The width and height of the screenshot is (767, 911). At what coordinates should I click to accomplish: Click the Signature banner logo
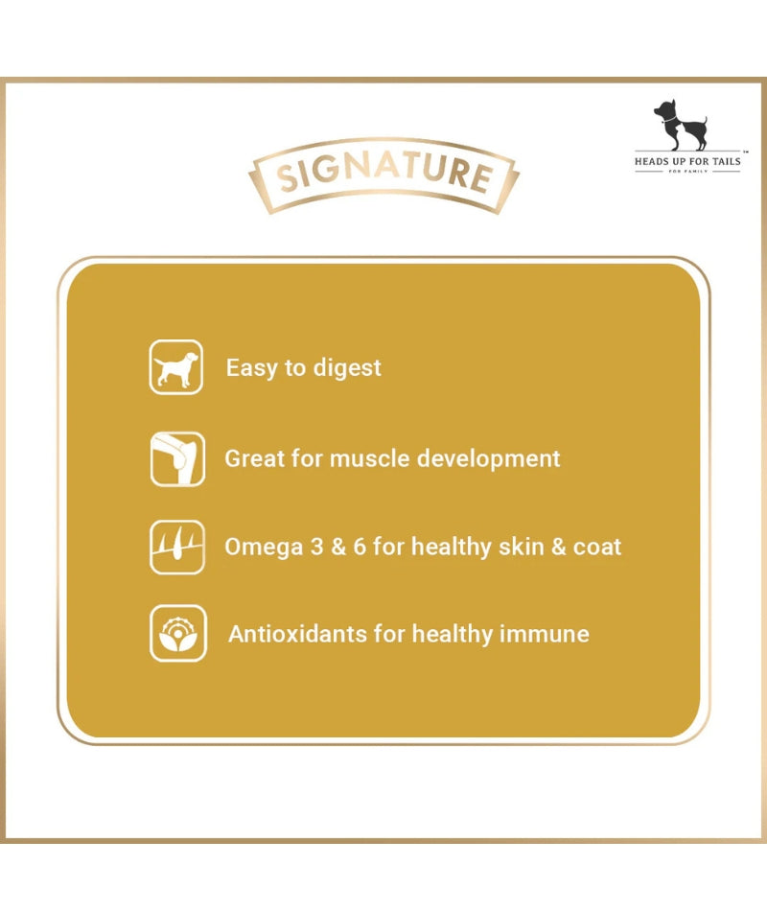[383, 175]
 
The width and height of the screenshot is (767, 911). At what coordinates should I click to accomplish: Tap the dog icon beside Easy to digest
[176, 367]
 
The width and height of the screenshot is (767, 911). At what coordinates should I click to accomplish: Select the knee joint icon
[177, 459]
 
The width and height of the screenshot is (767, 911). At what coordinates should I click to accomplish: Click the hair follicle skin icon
[177, 547]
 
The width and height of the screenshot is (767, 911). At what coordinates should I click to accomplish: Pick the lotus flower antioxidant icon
[177, 633]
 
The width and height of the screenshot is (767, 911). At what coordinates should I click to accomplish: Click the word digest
[347, 368]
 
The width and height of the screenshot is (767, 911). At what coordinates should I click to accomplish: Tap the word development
[489, 459]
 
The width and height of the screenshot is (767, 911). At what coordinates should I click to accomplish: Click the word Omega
[264, 548]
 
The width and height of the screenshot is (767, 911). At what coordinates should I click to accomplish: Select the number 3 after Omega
[316, 547]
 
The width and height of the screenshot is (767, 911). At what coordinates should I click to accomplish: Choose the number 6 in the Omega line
[360, 547]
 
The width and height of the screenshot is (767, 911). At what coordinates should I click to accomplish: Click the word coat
[597, 548]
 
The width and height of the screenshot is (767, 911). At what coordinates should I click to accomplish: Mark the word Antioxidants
[297, 634]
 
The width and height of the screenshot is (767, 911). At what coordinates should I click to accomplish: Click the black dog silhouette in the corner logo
[681, 125]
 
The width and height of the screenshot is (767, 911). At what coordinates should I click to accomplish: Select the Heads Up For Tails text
[687, 161]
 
